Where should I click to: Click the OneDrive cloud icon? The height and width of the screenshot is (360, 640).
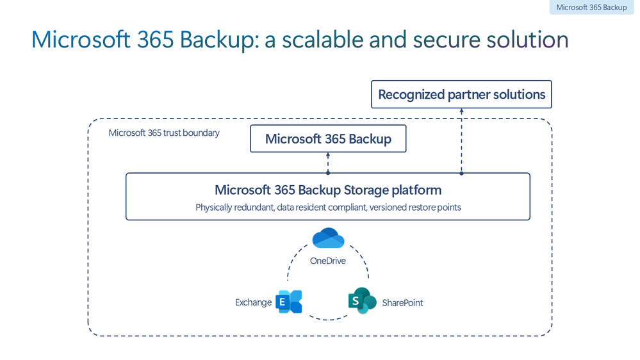(328, 238)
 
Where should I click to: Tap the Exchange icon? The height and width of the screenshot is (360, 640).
(289, 302)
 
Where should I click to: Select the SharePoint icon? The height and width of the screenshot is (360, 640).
(362, 301)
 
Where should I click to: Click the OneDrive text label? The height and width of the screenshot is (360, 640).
(328, 261)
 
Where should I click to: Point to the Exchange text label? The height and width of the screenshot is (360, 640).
(253, 302)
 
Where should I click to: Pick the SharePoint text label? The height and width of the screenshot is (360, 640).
(402, 303)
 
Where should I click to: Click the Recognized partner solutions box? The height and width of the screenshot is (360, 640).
(461, 94)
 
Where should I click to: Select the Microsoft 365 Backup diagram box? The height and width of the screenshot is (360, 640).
(328, 138)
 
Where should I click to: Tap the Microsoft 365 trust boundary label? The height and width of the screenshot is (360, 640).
(164, 133)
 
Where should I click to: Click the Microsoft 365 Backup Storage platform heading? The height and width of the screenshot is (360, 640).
(328, 190)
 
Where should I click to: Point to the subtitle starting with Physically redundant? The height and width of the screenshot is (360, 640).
(328, 208)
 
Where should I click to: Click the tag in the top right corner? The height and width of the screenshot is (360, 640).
(591, 8)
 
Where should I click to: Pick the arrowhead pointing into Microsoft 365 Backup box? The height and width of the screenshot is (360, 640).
(328, 155)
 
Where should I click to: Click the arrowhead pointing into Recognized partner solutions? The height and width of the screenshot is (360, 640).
(461, 111)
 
